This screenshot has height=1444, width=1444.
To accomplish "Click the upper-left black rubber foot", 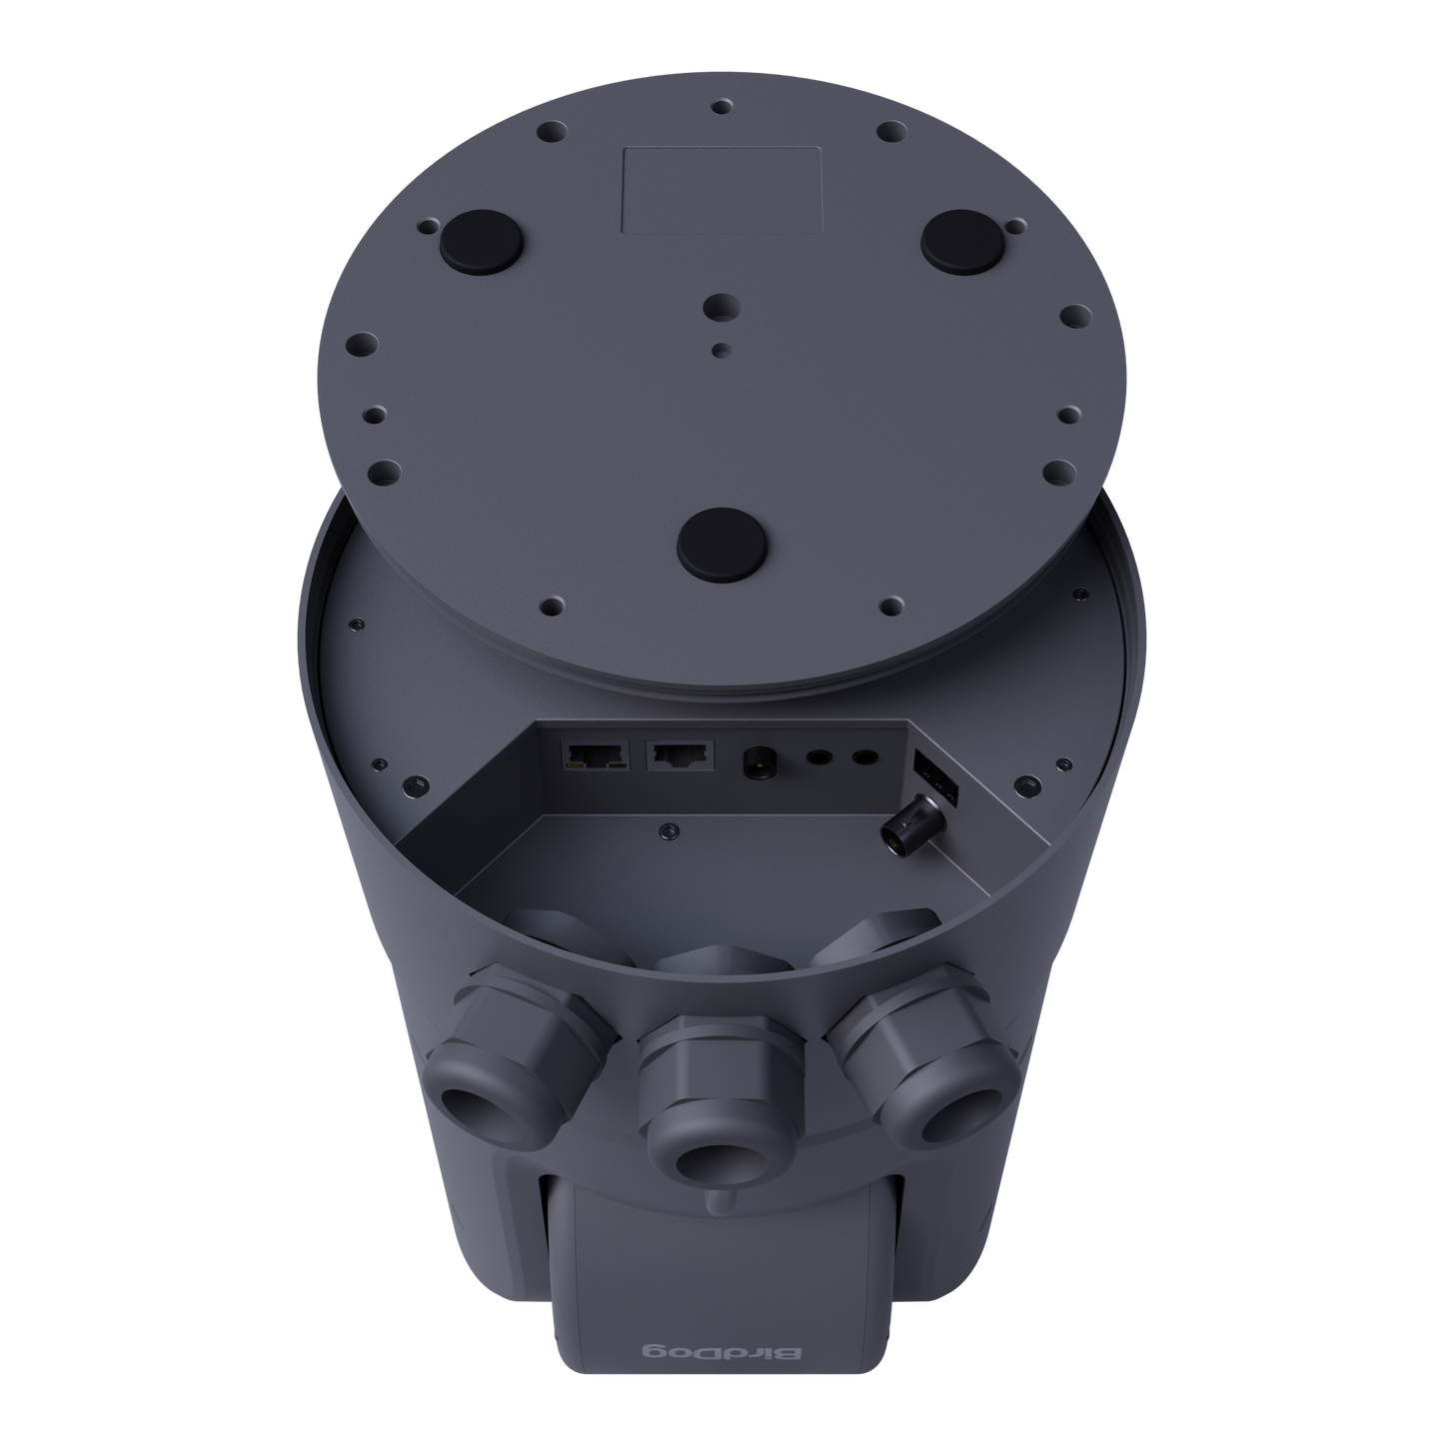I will coord(478,239).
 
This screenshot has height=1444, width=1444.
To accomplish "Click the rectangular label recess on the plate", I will coord(722,190).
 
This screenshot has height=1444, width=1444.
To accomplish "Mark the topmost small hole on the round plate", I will coord(721,106).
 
